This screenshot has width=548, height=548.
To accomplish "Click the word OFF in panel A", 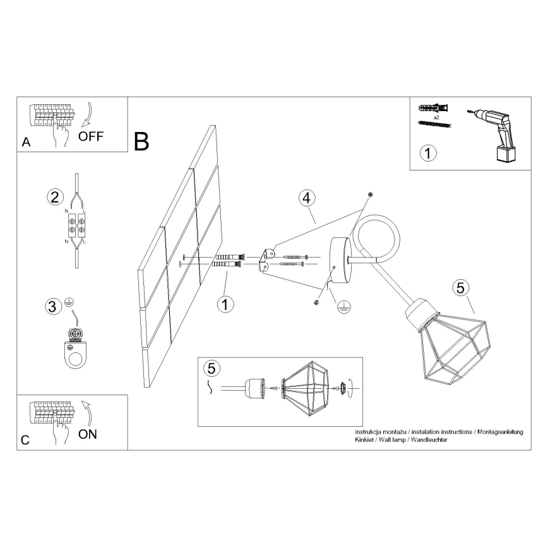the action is pyautogui.click(x=91, y=136).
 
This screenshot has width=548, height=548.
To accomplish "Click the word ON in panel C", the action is pyautogui.click(x=88, y=434).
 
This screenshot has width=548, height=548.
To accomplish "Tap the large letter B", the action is pyautogui.click(x=141, y=141).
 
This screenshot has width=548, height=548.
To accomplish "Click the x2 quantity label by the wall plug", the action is pyautogui.click(x=436, y=118).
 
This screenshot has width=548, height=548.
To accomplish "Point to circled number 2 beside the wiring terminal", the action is pyautogui.click(x=55, y=197).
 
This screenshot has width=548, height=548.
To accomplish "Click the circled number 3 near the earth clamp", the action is pyautogui.click(x=52, y=307).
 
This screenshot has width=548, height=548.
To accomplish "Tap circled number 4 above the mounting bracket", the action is pyautogui.click(x=306, y=198).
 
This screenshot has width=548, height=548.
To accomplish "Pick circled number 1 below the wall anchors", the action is pyautogui.click(x=225, y=304).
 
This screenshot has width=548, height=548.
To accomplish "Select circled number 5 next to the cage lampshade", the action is pyautogui.click(x=461, y=288).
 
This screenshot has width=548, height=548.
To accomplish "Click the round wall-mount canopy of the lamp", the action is pyautogui.click(x=341, y=259).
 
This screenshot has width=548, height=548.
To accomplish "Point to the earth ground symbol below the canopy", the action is pyautogui.click(x=344, y=307).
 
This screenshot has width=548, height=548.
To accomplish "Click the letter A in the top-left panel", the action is pyautogui.click(x=27, y=142).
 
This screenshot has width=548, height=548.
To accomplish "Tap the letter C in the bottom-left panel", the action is pyautogui.click(x=25, y=440).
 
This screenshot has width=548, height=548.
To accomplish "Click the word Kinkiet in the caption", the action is pyautogui.click(x=364, y=439).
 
